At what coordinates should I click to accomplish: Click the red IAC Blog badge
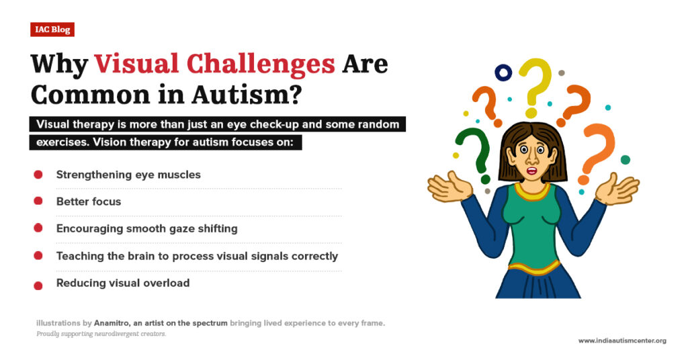52,30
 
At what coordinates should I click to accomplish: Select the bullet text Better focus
89,201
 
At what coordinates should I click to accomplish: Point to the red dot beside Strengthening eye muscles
38,175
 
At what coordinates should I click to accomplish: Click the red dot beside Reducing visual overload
38,285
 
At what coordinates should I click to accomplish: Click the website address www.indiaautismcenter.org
622,341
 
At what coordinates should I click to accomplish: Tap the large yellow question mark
535,84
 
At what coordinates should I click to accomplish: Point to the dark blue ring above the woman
503,72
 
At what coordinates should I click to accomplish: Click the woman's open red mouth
531,170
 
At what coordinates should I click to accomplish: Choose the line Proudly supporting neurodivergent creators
101,334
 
